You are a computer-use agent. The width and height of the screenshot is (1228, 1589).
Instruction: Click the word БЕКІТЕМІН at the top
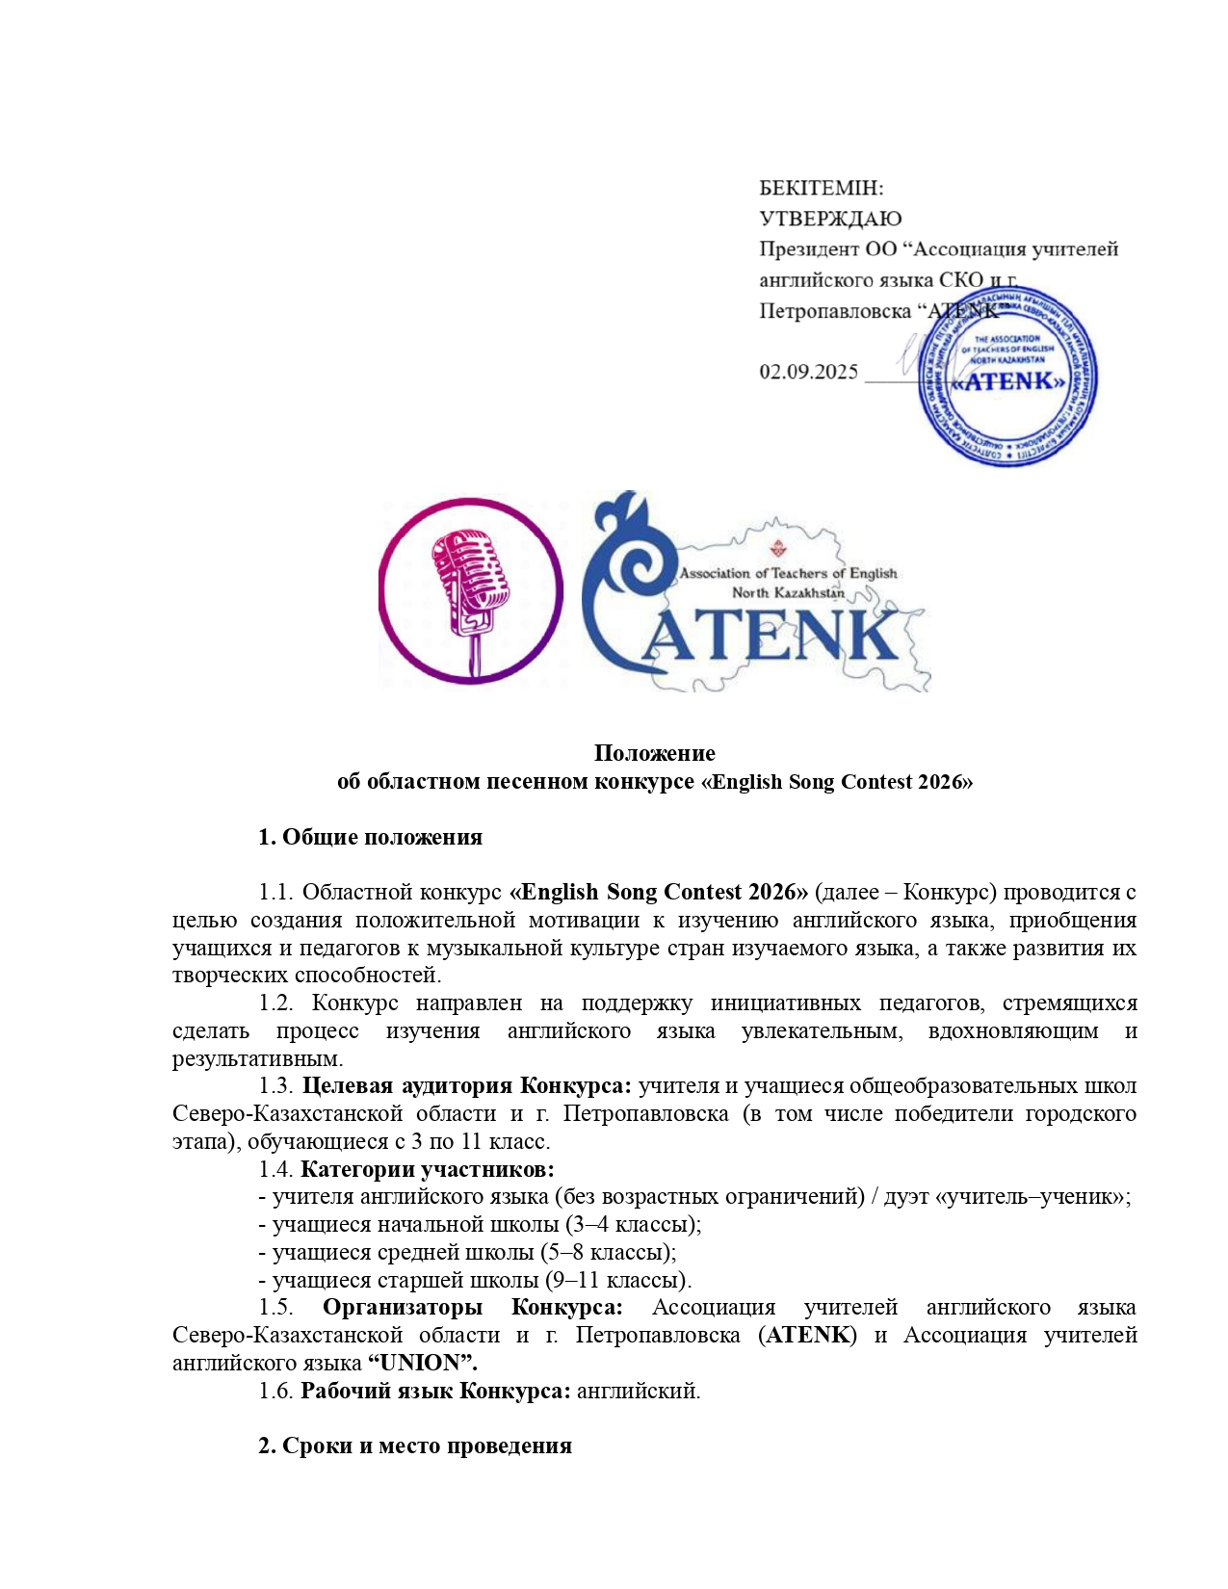[821, 188]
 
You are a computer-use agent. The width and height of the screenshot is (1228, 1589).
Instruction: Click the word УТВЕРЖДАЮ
[830, 219]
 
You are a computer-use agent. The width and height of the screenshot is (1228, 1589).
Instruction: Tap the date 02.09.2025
[808, 372]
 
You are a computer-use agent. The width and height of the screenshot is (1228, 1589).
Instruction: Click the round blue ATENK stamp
[1007, 378]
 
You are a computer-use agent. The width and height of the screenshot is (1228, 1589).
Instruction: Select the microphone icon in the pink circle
[470, 590]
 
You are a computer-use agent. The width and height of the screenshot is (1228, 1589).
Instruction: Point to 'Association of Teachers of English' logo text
[788, 573]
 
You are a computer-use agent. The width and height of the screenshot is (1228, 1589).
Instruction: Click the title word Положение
[654, 752]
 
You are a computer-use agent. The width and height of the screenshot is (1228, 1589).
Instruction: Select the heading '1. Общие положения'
[370, 837]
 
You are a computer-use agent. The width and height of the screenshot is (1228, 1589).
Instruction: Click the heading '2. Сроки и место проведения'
[414, 1446]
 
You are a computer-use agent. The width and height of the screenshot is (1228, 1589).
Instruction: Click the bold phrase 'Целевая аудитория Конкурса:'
[466, 1085]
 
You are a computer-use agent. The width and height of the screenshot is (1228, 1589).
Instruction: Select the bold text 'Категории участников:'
[427, 1169]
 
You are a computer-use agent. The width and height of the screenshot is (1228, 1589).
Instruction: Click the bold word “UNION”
[423, 1363]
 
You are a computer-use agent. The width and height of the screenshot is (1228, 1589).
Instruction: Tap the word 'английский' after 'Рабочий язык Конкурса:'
[638, 1391]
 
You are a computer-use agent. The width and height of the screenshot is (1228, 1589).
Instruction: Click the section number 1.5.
[275, 1307]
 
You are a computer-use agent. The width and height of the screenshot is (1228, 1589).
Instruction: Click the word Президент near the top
[807, 249]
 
